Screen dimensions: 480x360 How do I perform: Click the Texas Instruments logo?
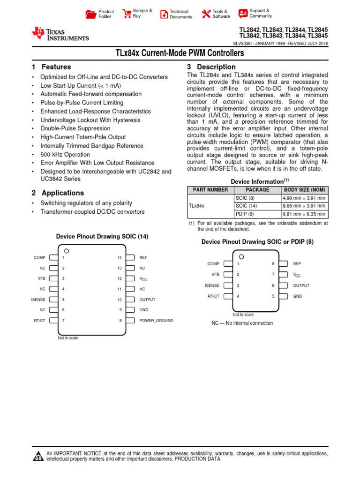click(x=60, y=34)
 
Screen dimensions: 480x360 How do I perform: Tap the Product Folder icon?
click(x=90, y=14)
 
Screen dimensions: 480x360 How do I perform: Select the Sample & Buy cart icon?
click(x=126, y=14)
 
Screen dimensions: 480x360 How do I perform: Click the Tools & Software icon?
click(x=206, y=14)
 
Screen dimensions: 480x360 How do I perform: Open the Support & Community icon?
click(x=243, y=13)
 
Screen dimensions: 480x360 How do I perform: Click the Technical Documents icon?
click(x=164, y=14)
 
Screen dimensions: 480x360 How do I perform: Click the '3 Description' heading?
click(x=211, y=67)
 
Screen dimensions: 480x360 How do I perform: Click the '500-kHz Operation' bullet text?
click(x=65, y=154)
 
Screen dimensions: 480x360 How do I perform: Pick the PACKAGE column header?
click(x=257, y=190)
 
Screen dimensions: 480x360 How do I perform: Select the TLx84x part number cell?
click(x=196, y=206)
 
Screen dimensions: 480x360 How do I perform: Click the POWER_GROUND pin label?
click(x=156, y=321)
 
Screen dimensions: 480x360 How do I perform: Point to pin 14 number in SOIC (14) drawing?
click(x=120, y=257)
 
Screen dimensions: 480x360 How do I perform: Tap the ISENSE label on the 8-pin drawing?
click(x=212, y=285)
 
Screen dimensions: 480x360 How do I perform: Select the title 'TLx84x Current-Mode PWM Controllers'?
click(x=180, y=53)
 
